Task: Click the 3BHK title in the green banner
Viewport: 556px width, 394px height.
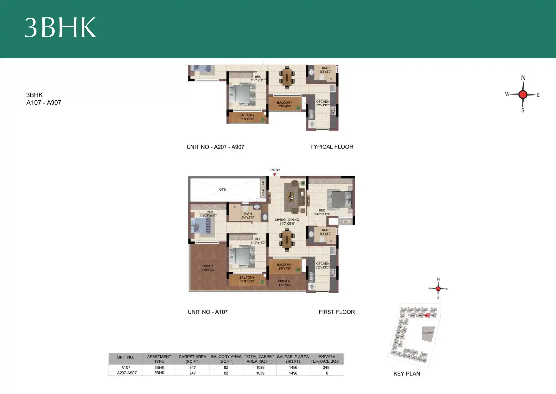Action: [x=60, y=27]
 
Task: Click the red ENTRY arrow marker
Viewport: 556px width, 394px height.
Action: [x=274, y=174]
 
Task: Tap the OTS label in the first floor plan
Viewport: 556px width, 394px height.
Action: [x=222, y=190]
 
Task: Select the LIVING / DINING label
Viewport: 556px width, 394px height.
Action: [x=287, y=221]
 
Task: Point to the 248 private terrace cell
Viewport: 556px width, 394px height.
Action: [x=326, y=367]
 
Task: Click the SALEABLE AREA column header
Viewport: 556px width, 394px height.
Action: [x=293, y=359]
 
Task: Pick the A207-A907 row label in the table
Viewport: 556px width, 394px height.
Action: [x=126, y=373]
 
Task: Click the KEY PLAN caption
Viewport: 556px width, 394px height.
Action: [x=406, y=374]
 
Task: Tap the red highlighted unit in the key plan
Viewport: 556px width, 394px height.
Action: [x=427, y=316]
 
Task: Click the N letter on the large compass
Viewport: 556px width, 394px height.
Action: [x=523, y=78]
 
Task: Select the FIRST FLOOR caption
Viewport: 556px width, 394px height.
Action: [x=336, y=312]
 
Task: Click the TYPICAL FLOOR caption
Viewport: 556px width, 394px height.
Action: [x=331, y=147]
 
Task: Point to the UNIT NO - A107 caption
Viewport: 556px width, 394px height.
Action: [x=208, y=312]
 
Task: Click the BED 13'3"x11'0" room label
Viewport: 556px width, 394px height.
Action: [x=322, y=212]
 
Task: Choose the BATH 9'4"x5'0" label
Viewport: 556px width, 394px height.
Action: [x=248, y=216]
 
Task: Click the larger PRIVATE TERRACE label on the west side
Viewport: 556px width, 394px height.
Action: [x=207, y=268]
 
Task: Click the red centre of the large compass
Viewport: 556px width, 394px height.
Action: [x=523, y=95]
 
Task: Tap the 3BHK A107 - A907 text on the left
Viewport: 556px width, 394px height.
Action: [x=44, y=99]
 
